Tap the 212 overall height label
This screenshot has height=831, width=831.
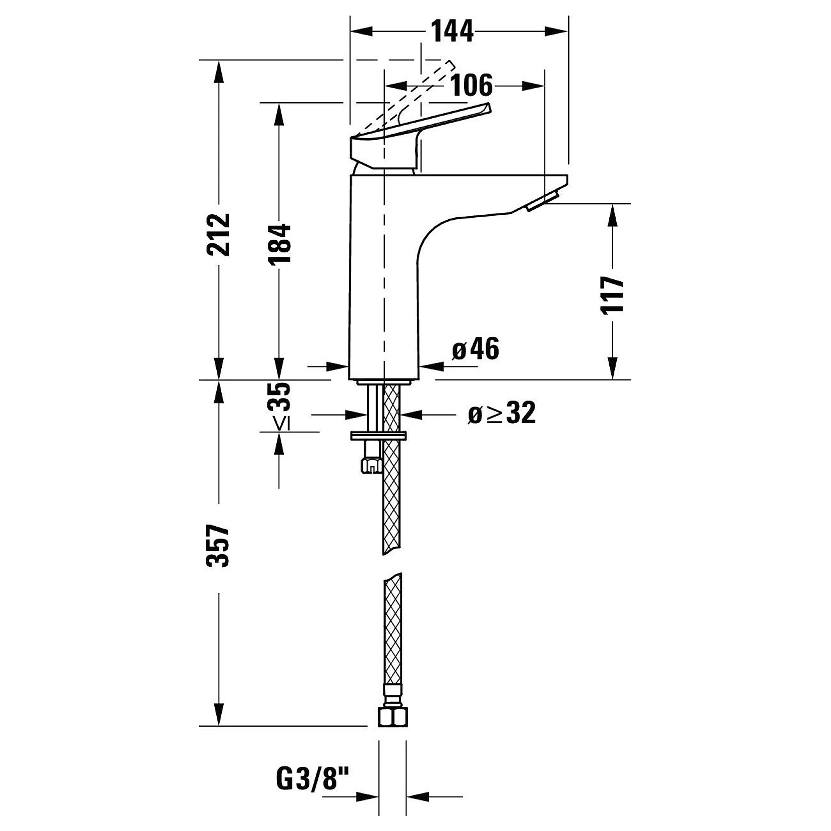(x=219, y=234)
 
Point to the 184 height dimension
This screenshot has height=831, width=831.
(x=279, y=243)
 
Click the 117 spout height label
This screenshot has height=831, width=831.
(x=613, y=294)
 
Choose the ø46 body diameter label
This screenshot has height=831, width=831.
(x=476, y=348)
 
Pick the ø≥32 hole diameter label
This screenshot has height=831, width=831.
(x=502, y=413)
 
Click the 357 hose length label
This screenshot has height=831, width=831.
(x=218, y=546)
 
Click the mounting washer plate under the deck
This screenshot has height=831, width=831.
(x=378, y=435)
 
